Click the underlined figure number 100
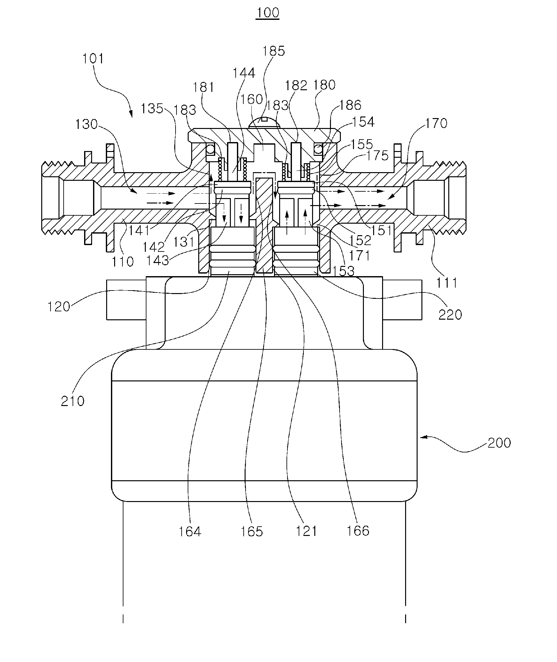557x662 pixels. pyautogui.click(x=267, y=13)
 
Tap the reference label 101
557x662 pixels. pyautogui.click(x=93, y=59)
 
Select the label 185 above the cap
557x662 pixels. pyautogui.click(x=273, y=51)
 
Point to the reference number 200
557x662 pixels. pyautogui.click(x=499, y=443)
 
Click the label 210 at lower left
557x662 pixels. pyautogui.click(x=73, y=401)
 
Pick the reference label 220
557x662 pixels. pyautogui.click(x=450, y=315)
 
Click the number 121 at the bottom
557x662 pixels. pyautogui.click(x=306, y=531)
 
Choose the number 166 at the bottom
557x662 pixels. pyautogui.click(x=358, y=531)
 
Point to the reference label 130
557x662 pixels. pyautogui.click(x=87, y=124)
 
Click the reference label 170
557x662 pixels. pyautogui.click(x=436, y=123)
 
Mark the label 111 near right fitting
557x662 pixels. pyautogui.click(x=447, y=283)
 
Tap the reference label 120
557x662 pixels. pyautogui.click(x=59, y=307)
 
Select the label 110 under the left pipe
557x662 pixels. pyautogui.click(x=122, y=261)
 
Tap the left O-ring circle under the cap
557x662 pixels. pyautogui.click(x=210, y=149)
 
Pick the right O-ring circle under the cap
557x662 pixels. pyautogui.click(x=318, y=149)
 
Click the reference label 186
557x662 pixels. pyautogui.click(x=350, y=105)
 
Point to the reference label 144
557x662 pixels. pyautogui.click(x=244, y=73)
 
